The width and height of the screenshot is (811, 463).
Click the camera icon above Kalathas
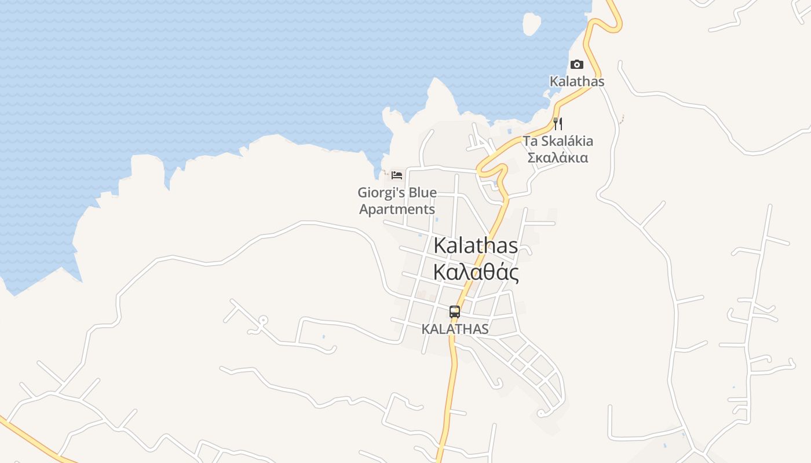pyautogui.click(x=576, y=64)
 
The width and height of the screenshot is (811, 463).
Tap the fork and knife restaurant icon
pyautogui.click(x=558, y=123)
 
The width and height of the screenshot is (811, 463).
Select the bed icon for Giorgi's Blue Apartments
pyautogui.click(x=397, y=175)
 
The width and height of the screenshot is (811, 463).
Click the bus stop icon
pyautogui.click(x=455, y=312)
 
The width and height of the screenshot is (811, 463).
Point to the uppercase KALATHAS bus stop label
pyautogui.click(x=455, y=329)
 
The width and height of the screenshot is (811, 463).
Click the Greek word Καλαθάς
pyautogui.click(x=476, y=272)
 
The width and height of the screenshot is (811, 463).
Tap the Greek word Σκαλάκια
pyautogui.click(x=558, y=157)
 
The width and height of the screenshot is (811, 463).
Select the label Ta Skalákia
pyautogui.click(x=558, y=141)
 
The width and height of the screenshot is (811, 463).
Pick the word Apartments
pyautogui.click(x=397, y=209)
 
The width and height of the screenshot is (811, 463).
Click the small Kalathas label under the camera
pyautogui.click(x=576, y=82)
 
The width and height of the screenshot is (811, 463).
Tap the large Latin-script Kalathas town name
pyautogui.click(x=476, y=245)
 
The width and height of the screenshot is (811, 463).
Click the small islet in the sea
pyautogui.click(x=531, y=23)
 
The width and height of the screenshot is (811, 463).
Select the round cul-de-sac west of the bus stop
pyautogui.click(x=262, y=319)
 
